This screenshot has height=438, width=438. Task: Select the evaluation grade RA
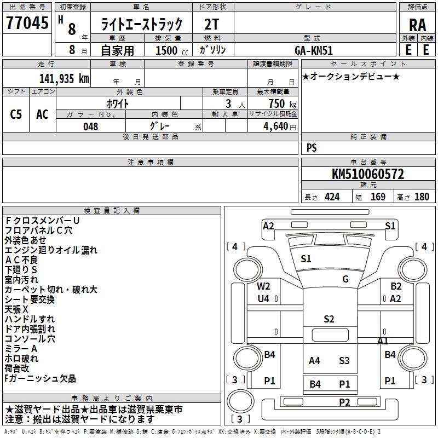[417, 25]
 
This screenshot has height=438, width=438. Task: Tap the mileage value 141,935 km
[64, 78]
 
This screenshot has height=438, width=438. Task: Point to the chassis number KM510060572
[368, 175]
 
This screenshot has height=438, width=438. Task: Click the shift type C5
[16, 114]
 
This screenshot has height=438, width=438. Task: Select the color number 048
[90, 126]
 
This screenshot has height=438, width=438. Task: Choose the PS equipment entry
[312, 148]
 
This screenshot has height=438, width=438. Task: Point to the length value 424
[332, 197]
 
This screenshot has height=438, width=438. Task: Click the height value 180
[422, 197]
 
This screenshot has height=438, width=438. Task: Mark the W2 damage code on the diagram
[264, 286]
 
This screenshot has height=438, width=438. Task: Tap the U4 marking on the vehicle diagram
[264, 298]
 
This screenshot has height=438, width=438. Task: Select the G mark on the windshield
[345, 279]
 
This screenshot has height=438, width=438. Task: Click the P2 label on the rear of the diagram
[344, 402]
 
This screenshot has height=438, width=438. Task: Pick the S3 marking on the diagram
[344, 360]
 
